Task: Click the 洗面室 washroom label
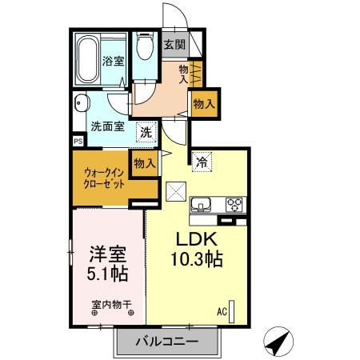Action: point(105,126)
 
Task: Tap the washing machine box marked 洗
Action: point(146,132)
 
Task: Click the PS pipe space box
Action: point(78,142)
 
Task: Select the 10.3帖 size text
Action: point(195,259)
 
